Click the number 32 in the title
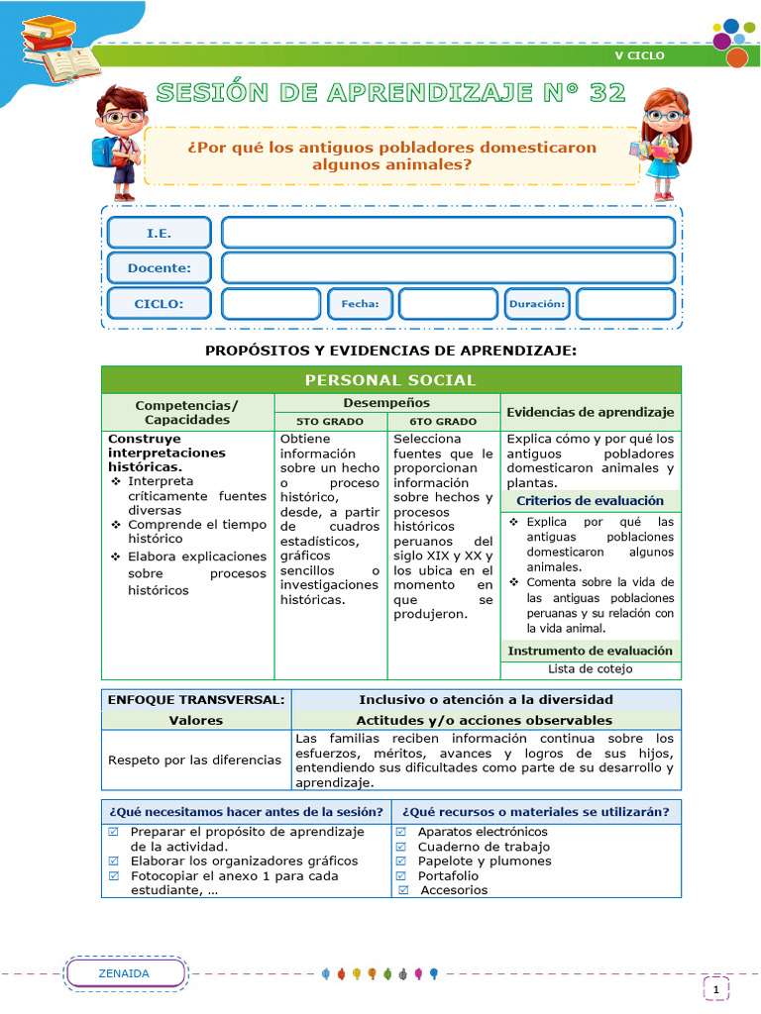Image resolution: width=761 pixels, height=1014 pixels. [x=605, y=93]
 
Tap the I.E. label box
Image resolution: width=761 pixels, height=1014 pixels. [x=159, y=233]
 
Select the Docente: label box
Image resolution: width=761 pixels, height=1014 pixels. [x=159, y=267]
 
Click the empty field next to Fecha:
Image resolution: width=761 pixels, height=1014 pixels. [x=448, y=304]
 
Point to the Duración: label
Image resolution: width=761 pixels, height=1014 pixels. [x=538, y=304]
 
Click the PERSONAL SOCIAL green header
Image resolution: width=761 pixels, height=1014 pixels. [x=390, y=380]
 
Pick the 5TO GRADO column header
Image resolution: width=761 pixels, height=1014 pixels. [x=330, y=421]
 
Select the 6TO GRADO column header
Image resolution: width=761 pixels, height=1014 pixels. [x=443, y=421]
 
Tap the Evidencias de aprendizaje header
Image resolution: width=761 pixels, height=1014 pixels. [x=591, y=412]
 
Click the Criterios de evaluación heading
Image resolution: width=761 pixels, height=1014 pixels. [x=591, y=501]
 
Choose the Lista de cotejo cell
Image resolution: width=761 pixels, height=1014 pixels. [x=591, y=668]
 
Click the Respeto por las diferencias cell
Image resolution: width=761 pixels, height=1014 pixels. [x=195, y=760]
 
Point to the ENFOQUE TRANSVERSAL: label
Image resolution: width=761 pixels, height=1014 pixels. [x=196, y=699]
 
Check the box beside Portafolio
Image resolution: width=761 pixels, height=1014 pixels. [x=401, y=875]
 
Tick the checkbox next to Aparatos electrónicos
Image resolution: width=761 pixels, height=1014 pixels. [x=401, y=832]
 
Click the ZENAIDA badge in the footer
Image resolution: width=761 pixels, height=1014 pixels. [x=125, y=973]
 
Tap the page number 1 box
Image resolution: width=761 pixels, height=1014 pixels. [x=715, y=989]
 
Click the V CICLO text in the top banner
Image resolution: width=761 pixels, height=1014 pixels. [x=639, y=55]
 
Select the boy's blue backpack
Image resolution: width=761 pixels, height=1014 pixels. [x=102, y=151]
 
